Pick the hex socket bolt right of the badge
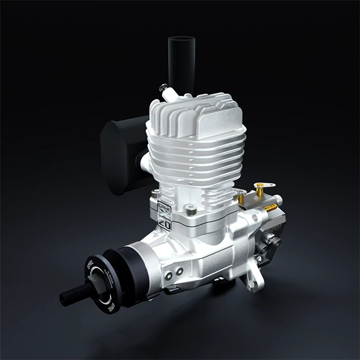[192, 211]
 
